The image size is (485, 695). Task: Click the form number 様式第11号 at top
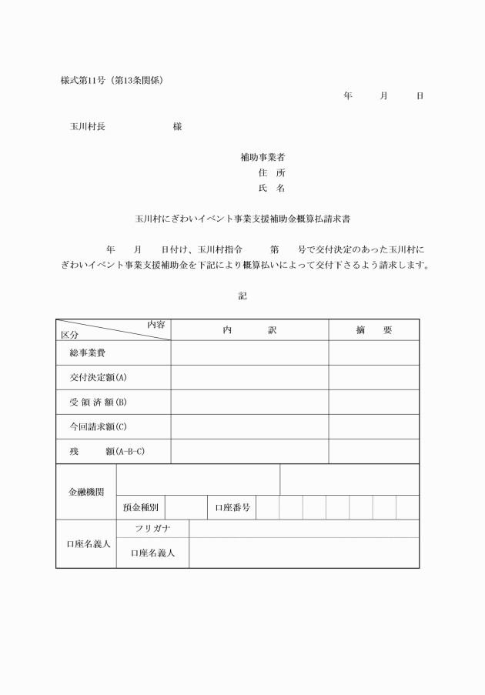(86, 80)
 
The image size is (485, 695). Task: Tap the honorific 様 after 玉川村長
(177, 126)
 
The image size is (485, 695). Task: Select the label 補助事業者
(263, 157)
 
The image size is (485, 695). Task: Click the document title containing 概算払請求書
(242, 219)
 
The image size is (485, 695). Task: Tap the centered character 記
(242, 295)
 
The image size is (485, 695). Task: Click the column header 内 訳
(249, 329)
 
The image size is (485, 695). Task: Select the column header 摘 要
(374, 329)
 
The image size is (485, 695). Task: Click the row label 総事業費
(87, 353)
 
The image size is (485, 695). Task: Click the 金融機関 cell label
(85, 492)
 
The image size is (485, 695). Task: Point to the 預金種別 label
(141, 507)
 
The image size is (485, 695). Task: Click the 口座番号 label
(232, 507)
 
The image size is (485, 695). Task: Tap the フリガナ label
(152, 529)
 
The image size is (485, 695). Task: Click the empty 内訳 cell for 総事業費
(249, 353)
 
